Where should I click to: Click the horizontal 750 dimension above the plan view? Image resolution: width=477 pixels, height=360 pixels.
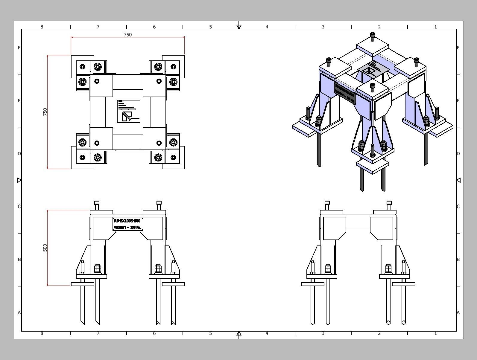[x=128, y=35]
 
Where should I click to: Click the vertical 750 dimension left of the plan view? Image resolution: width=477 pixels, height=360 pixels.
[x=45, y=112]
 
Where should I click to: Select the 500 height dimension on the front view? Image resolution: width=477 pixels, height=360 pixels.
[x=45, y=248]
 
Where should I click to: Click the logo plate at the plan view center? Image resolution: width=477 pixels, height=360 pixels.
[x=128, y=111]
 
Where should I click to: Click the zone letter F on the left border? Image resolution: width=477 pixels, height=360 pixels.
[x=19, y=48]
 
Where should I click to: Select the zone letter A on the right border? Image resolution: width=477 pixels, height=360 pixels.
[x=458, y=312]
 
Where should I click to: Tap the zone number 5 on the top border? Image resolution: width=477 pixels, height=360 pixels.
[x=210, y=27]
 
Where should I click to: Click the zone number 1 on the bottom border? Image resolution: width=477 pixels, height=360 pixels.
[x=435, y=333]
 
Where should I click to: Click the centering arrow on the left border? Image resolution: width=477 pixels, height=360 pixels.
[x=19, y=180]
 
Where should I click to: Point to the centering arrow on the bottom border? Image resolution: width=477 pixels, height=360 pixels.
[x=239, y=333]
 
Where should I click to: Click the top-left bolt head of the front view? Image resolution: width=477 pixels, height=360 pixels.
[x=97, y=203]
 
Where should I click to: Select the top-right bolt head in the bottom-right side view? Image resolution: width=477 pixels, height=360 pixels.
[x=389, y=203]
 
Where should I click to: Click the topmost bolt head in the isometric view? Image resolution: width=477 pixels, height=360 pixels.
[x=373, y=35]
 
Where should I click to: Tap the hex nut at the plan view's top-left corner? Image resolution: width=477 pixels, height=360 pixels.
[x=83, y=66]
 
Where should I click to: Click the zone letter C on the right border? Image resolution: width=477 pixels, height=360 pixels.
[x=458, y=207]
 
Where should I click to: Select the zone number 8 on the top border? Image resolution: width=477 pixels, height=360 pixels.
[x=42, y=27]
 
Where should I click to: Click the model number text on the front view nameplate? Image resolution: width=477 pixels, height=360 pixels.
[x=127, y=221]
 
